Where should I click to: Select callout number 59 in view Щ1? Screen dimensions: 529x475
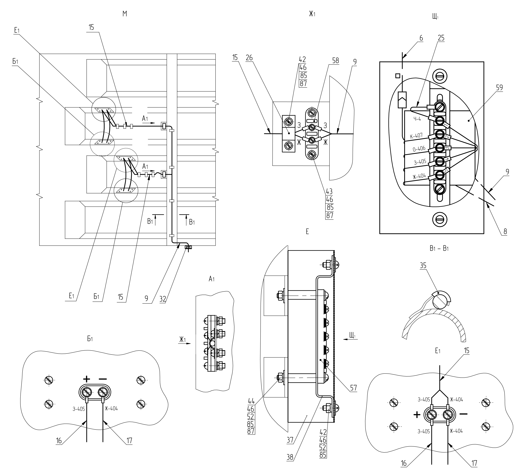(499, 88)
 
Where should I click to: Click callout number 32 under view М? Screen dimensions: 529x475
(163, 299)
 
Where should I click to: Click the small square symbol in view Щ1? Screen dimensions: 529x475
(398, 76)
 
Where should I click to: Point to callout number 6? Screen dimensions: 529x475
(421, 38)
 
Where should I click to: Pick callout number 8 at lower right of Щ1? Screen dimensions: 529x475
(505, 231)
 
